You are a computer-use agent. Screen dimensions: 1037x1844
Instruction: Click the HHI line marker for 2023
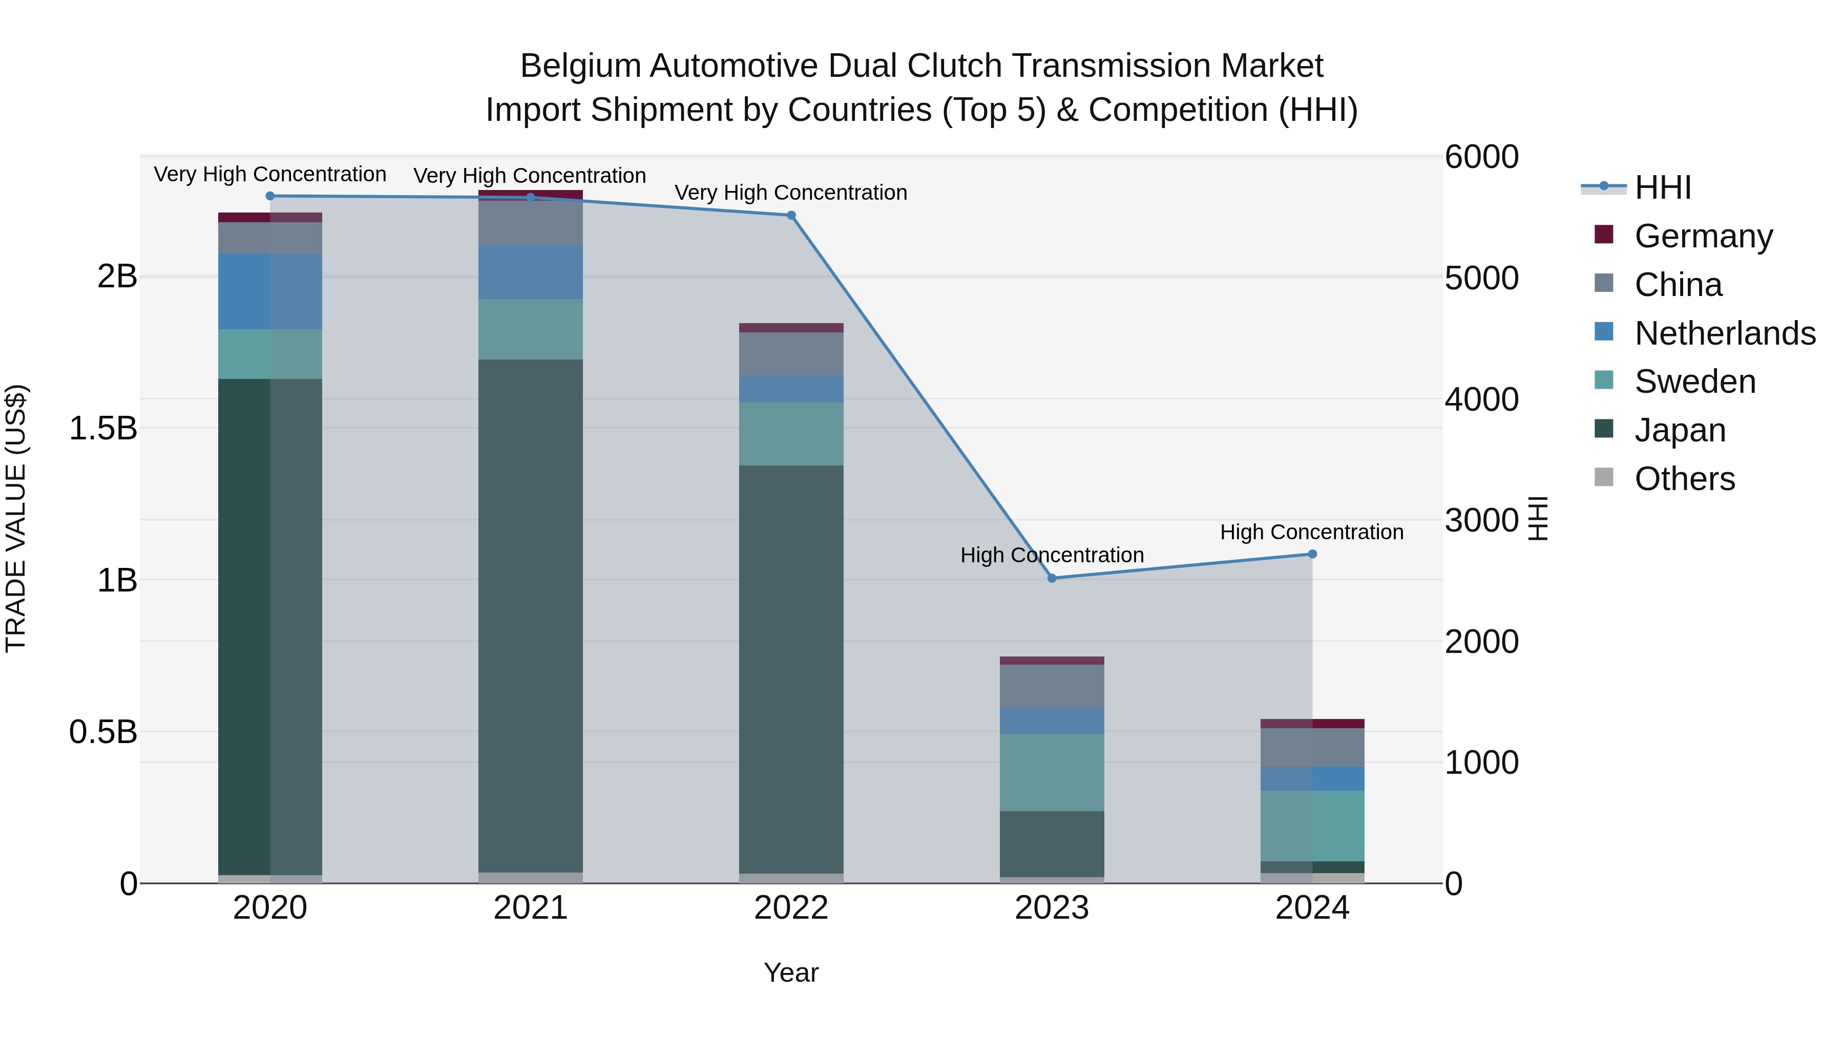pyautogui.click(x=1052, y=578)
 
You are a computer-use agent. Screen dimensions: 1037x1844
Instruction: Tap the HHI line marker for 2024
pyautogui.click(x=1312, y=554)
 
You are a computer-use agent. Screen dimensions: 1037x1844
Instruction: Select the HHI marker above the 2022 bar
pyautogui.click(x=791, y=216)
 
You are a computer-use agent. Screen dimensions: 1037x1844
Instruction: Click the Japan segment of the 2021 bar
pyautogui.click(x=531, y=616)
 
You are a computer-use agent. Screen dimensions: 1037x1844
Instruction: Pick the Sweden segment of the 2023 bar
pyautogui.click(x=1052, y=772)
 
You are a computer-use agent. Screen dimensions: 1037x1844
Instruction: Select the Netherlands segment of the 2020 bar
pyautogui.click(x=270, y=291)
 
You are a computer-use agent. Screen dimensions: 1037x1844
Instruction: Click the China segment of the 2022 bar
pyautogui.click(x=791, y=353)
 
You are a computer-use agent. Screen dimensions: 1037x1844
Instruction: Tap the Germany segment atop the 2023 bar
pyautogui.click(x=1052, y=661)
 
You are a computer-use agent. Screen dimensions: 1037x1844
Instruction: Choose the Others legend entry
pyautogui.click(x=1684, y=479)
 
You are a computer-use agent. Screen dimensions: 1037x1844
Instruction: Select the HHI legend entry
pyautogui.click(x=1662, y=187)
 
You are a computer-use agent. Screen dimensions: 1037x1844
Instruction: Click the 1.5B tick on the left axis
pyautogui.click(x=103, y=429)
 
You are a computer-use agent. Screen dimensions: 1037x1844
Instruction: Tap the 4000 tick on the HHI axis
pyautogui.click(x=1481, y=399)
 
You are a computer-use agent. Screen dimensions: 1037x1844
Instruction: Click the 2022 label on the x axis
pyautogui.click(x=791, y=908)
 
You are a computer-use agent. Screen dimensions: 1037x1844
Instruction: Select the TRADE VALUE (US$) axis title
pyautogui.click(x=16, y=518)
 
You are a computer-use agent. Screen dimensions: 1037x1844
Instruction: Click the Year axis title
pyautogui.click(x=791, y=972)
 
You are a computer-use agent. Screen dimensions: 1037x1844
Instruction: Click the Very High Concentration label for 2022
pyautogui.click(x=790, y=193)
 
